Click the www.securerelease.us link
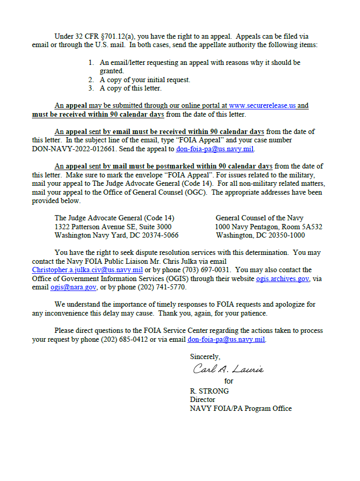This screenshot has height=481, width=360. tap(262, 105)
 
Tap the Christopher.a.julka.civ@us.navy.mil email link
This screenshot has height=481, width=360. tap(87, 270)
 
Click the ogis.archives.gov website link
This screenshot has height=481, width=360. tap(282, 279)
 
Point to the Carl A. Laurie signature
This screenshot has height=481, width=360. tap(229, 369)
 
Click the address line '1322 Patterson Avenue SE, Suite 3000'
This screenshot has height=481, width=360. tap(113, 227)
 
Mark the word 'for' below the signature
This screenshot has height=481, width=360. tap(229, 382)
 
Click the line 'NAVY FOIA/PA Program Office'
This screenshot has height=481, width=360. tap(241, 408)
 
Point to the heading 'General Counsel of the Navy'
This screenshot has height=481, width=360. tap(260, 218)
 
